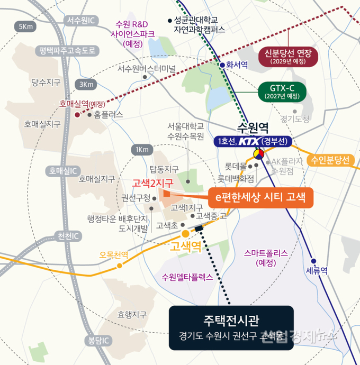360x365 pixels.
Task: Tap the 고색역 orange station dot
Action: (185, 233)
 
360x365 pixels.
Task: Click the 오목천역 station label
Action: (114, 254)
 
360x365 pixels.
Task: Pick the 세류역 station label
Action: (317, 270)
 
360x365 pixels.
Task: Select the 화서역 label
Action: (237, 67)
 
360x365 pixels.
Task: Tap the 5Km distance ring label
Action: (25, 26)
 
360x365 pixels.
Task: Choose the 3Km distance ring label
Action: (86, 85)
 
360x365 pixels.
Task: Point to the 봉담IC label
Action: (98, 340)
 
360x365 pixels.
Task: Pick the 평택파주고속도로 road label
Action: (67, 51)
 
